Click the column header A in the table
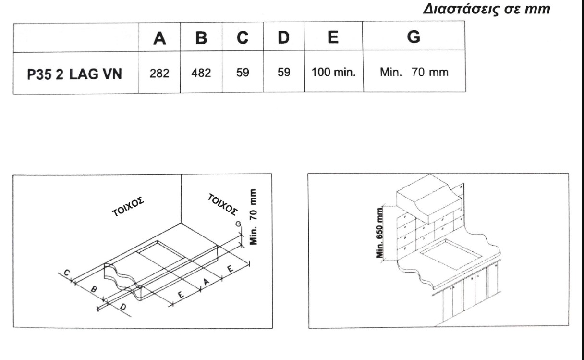(159, 38)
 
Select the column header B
(201, 38)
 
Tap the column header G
(414, 37)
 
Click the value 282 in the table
(159, 74)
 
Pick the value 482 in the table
(201, 73)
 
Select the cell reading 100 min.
(333, 72)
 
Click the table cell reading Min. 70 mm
(414, 72)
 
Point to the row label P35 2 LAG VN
(74, 74)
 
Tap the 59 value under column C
(243, 73)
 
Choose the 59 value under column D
(284, 72)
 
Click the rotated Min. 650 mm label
(380, 232)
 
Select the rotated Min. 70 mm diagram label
(253, 217)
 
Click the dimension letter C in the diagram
(67, 273)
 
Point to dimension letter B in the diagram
(94, 289)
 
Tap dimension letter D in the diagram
(123, 307)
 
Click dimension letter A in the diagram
(206, 282)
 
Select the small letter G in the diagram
(238, 224)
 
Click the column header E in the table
(333, 37)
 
